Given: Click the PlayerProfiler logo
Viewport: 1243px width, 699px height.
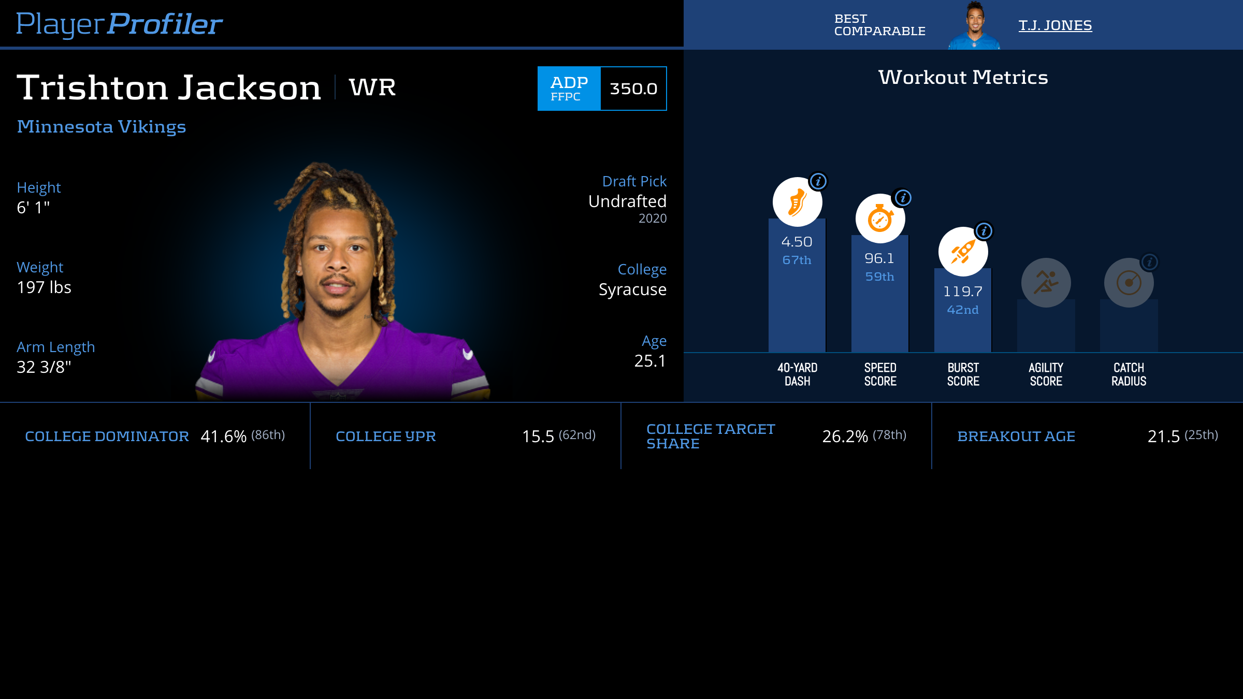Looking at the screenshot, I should click(119, 24).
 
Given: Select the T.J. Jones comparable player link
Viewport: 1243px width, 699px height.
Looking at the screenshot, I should click(1055, 25).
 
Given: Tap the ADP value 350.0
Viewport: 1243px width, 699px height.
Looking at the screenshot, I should click(633, 89).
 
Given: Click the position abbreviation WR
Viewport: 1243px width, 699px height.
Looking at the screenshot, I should click(372, 87).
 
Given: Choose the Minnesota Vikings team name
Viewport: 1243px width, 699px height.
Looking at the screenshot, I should click(102, 127).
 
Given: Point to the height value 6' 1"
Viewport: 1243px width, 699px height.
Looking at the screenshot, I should click(33, 208).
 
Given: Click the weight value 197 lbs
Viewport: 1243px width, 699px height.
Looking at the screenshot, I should click(44, 287).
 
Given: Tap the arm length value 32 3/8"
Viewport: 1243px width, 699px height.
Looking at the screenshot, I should click(44, 367).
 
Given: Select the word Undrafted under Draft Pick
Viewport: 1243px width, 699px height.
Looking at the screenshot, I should click(627, 201).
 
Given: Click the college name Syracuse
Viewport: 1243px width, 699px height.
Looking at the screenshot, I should click(632, 289).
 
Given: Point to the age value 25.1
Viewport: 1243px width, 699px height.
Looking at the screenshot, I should click(650, 361).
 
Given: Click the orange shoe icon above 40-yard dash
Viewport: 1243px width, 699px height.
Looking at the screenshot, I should click(797, 202).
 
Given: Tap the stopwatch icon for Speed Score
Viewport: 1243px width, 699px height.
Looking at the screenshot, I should click(880, 219).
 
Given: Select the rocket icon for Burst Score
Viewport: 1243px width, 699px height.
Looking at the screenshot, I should click(963, 252).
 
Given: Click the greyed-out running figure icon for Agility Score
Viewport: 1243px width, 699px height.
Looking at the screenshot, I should click(1046, 283).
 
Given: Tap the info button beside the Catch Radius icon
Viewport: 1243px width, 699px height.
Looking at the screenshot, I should click(1149, 262).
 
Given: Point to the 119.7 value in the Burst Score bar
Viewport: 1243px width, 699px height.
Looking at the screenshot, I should click(962, 292).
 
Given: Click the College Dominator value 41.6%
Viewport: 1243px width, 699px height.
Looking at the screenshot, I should click(223, 436).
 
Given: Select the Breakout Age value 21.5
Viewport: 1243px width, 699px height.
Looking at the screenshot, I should click(1163, 436).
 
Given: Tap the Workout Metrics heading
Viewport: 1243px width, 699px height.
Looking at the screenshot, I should click(963, 78).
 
